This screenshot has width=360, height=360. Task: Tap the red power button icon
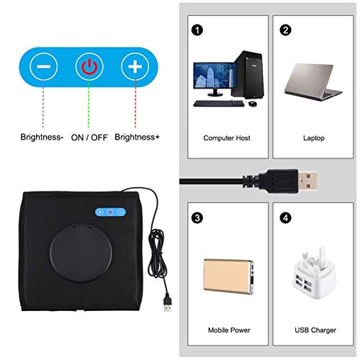tap(88, 68)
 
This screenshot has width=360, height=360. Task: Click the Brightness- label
tap(40, 136)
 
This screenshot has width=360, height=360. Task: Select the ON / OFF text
tap(89, 136)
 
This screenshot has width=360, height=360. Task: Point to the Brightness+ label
tap(136, 136)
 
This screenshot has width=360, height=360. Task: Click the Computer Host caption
tap(226, 138)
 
